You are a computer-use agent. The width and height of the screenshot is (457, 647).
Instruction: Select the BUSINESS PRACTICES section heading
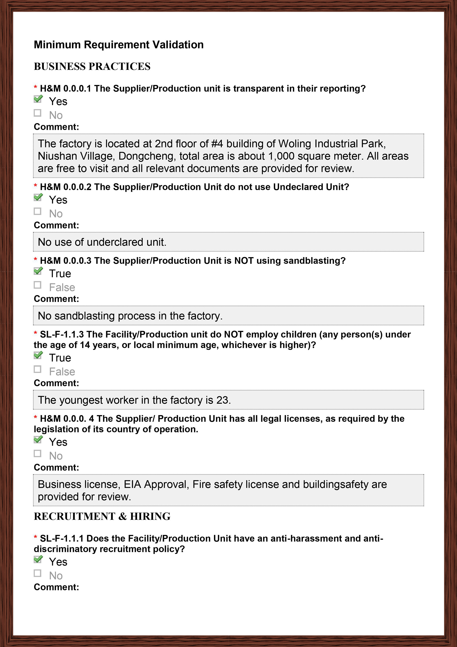tap(92, 67)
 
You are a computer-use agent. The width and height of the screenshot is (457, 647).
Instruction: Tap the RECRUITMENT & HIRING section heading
tap(102, 516)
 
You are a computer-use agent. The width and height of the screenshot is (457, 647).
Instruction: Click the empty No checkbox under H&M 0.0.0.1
tap(37, 113)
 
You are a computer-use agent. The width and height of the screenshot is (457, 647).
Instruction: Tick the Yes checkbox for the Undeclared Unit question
tap(38, 197)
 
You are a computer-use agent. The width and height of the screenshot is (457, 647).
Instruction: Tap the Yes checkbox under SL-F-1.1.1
tap(38, 559)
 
